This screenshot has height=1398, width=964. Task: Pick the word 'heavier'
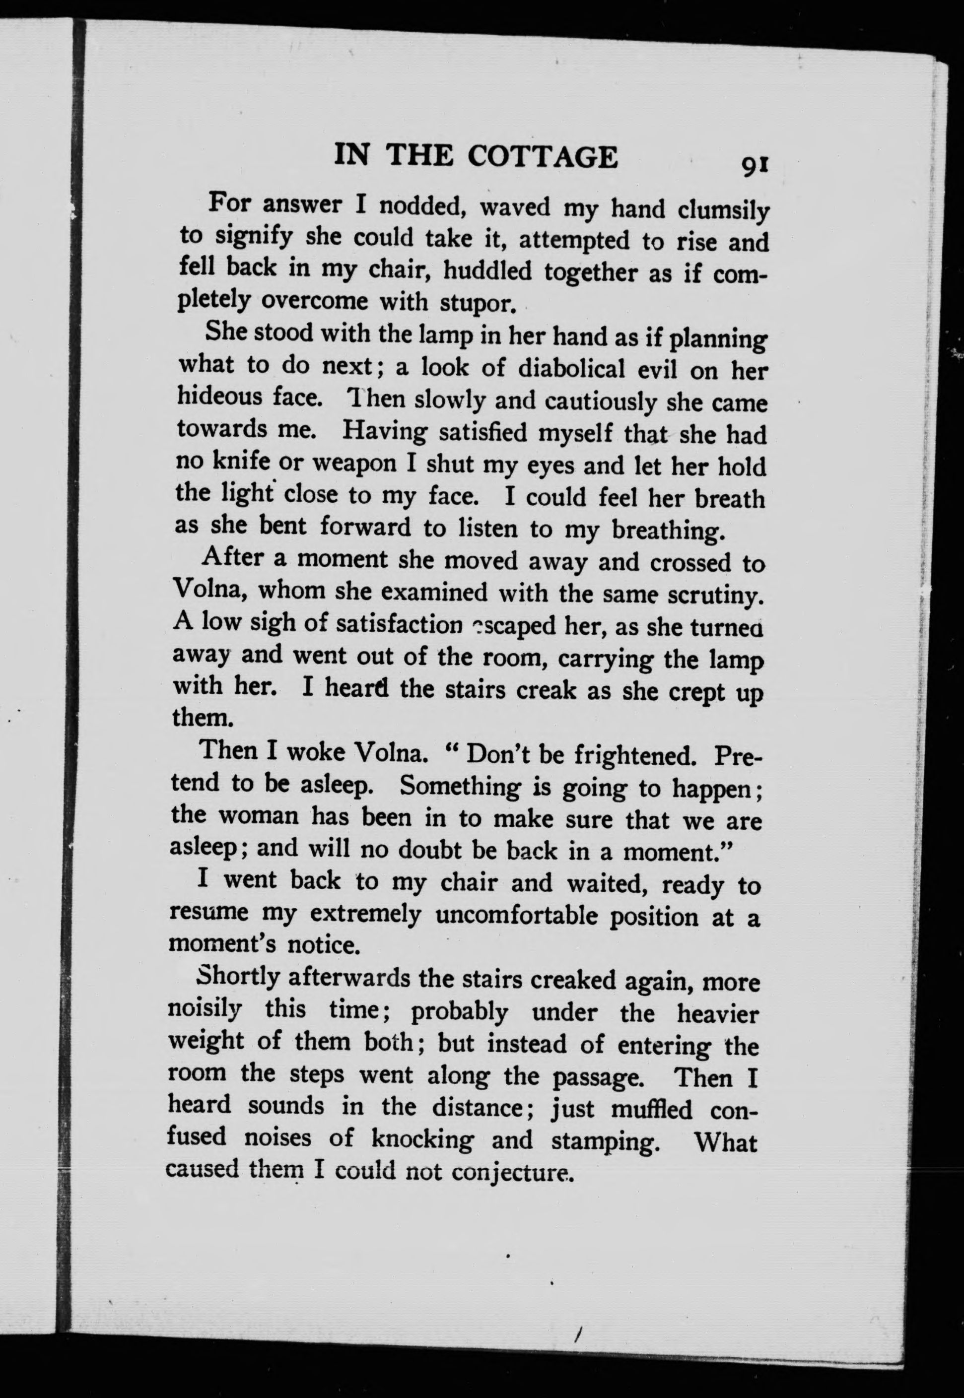[716, 1014]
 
